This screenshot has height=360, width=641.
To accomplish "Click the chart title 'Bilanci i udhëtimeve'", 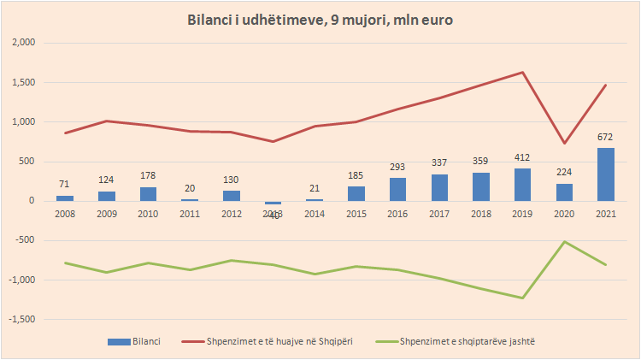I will pyautogui.click(x=320, y=20).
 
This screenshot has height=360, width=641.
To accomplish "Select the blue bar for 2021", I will pyautogui.click(x=605, y=174).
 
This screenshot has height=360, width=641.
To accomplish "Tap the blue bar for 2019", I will pyautogui.click(x=522, y=185).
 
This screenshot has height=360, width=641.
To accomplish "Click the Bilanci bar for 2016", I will pyautogui.click(x=397, y=189).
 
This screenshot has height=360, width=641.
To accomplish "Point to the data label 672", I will pyautogui.click(x=605, y=137).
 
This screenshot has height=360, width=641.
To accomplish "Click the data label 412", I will pyautogui.click(x=522, y=158).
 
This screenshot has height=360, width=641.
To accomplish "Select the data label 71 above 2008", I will pyautogui.click(x=66, y=185).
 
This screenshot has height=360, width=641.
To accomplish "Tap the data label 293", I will pyautogui.click(x=397, y=168).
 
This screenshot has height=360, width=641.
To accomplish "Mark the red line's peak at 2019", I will pyautogui.click(x=522, y=73).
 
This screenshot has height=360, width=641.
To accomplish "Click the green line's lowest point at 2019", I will pyautogui.click(x=522, y=298).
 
